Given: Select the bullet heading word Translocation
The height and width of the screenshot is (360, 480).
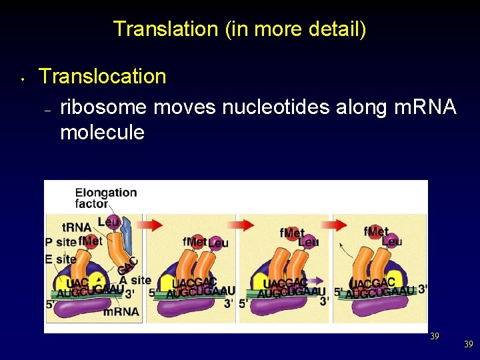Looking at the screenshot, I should (x=103, y=76).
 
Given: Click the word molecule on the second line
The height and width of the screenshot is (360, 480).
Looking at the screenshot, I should (x=102, y=132).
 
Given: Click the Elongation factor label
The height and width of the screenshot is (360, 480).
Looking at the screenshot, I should (x=105, y=198).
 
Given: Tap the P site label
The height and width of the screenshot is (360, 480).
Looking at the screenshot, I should (x=61, y=241).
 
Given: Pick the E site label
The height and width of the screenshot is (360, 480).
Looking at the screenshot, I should (x=61, y=259).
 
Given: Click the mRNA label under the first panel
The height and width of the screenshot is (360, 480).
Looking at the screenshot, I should (x=121, y=311).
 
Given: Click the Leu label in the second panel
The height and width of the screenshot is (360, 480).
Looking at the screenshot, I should (x=218, y=243).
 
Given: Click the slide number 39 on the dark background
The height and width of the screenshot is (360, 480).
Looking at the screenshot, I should (x=469, y=344).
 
